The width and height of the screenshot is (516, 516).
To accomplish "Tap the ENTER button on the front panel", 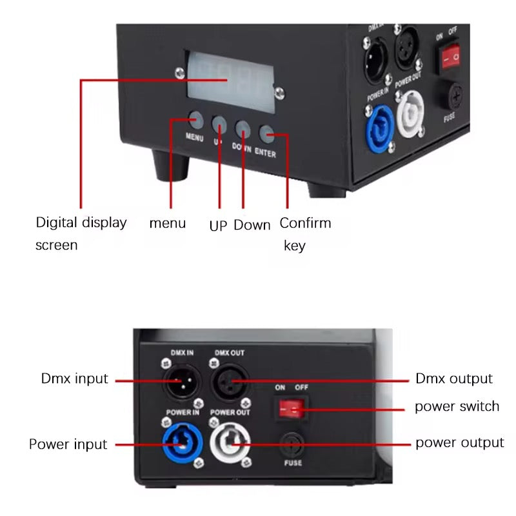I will pos(267,134).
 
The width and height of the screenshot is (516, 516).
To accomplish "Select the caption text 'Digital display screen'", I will pos(81,233).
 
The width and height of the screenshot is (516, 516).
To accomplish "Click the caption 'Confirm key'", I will pos(304,233).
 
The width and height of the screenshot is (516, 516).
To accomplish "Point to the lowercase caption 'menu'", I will pos(167,223).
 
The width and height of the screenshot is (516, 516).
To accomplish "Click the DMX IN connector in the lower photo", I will pos(178,383).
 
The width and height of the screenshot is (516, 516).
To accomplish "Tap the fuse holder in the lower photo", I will pos(292,444).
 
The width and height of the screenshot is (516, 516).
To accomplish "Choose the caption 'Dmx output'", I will pos(453,379).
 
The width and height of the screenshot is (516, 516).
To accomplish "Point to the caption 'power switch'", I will pos(457,406).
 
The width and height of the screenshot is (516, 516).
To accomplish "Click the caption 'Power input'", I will pos(68,444).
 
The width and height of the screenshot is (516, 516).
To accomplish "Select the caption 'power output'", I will pos(459,442).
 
